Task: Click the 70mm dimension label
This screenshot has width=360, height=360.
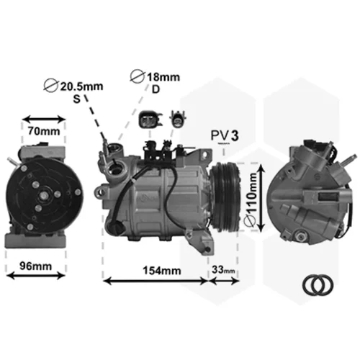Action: (x=44, y=131)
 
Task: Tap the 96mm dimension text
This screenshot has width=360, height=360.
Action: (x=36, y=266)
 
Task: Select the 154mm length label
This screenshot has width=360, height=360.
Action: (x=162, y=271)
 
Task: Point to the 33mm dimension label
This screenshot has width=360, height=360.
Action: (x=223, y=270)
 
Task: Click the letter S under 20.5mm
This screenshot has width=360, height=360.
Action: (x=76, y=99)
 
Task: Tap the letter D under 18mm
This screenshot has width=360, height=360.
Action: (x=156, y=89)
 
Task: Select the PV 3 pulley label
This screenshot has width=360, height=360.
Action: (x=225, y=135)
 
